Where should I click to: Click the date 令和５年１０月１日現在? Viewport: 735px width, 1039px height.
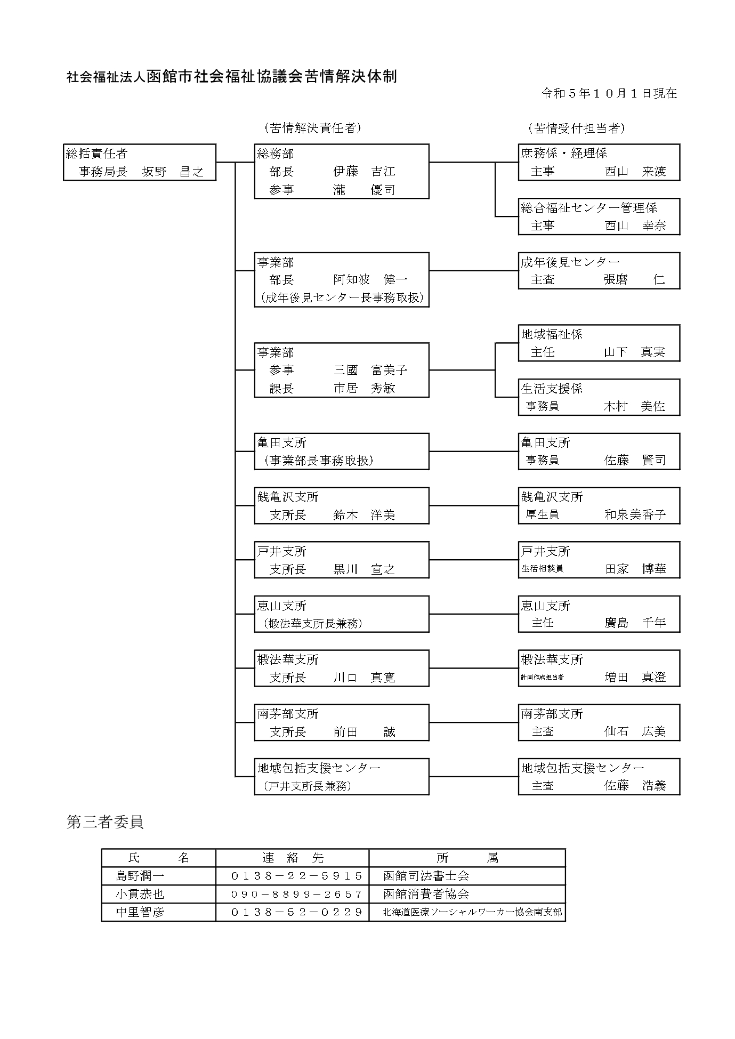[609, 93]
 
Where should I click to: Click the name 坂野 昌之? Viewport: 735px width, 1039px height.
[173, 172]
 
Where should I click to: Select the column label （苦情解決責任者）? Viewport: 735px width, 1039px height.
[312, 128]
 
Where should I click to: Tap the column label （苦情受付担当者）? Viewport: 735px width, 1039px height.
[576, 128]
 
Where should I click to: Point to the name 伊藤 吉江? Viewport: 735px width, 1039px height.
[365, 172]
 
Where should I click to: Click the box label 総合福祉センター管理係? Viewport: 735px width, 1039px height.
[589, 208]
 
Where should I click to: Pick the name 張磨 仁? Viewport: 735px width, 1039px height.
[635, 280]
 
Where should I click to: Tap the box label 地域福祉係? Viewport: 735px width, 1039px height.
[552, 334]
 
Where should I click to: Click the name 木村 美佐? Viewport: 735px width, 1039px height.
[635, 406]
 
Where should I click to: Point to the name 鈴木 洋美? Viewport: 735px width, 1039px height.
[365, 515]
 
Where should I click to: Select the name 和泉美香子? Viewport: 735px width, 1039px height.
[635, 515]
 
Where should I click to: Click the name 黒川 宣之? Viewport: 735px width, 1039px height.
[365, 569]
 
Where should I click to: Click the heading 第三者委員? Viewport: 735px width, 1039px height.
[105, 822]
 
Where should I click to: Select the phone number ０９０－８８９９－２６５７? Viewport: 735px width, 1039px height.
[297, 894]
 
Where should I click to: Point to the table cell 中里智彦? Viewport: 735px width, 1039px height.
[140, 912]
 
